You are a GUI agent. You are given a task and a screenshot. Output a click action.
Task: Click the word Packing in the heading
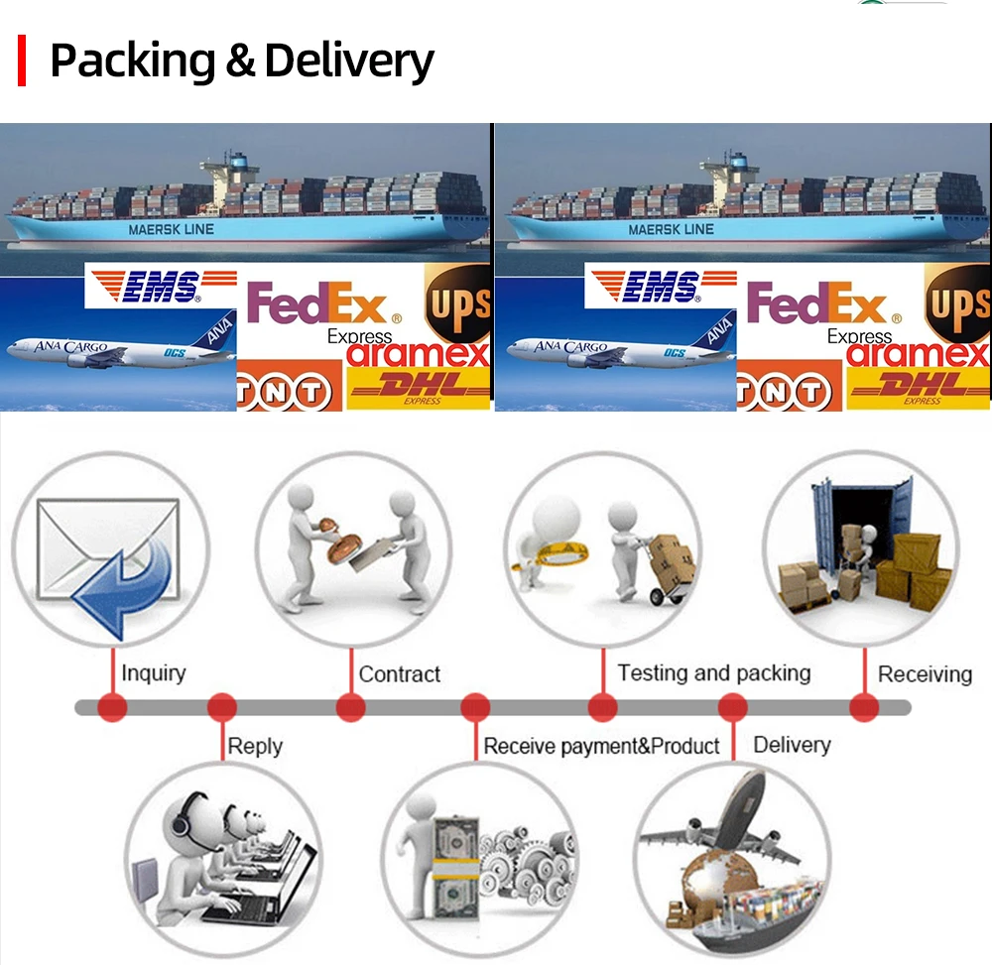coord(133,61)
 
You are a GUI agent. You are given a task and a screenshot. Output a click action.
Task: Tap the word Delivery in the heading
coord(348,61)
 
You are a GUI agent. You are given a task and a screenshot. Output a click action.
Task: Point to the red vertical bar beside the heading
coord(21,60)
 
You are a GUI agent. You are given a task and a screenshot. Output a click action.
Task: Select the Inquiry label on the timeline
coord(153,673)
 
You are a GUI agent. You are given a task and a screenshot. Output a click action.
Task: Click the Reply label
coord(255,746)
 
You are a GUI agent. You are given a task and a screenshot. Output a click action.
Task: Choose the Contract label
coord(399,674)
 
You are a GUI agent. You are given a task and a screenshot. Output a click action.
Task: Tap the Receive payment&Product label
coord(601,746)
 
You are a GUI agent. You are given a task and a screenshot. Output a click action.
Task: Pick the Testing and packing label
coord(713,673)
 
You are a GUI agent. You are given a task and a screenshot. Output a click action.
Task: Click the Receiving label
coord(925,674)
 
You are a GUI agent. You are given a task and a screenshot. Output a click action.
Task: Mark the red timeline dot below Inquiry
coord(113,708)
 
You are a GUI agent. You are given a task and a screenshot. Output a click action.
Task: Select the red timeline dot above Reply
coord(222,708)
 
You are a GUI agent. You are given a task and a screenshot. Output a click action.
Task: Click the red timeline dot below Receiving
coord(864,708)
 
